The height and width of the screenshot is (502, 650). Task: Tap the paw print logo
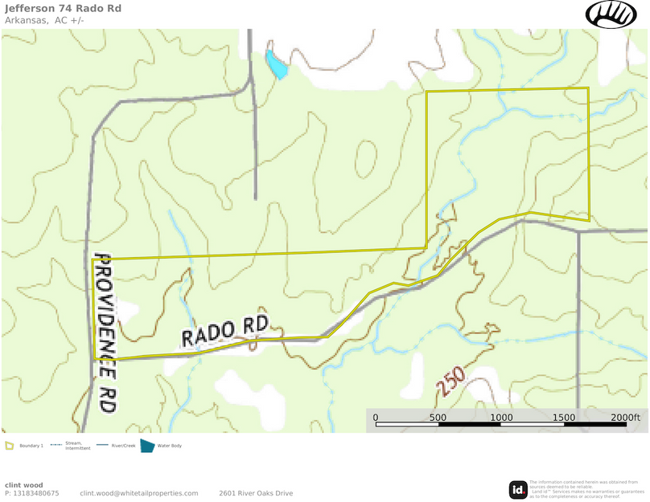coord(611,14)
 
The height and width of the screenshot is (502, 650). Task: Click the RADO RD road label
coord(224,331)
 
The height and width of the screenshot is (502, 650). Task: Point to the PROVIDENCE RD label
coord(105,333)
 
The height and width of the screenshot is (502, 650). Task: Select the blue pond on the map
coord(276,66)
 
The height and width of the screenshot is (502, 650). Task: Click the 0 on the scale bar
coord(376,418)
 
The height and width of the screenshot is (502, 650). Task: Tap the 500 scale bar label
coord(438,418)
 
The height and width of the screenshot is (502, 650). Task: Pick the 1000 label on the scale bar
coord(501,418)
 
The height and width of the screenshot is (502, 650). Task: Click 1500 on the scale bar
coord(564,418)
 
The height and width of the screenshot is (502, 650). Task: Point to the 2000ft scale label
coord(625,418)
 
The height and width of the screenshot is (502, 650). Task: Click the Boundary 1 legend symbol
coord(10,445)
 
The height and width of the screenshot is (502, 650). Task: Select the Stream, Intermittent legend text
coord(77,445)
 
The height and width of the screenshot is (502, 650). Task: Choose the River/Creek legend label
coord(121,445)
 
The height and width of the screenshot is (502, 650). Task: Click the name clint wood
coord(24,485)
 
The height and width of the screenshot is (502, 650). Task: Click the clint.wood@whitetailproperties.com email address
coord(139,493)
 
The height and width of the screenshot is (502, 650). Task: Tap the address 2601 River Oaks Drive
coord(256,493)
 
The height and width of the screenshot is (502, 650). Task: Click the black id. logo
coord(518,489)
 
